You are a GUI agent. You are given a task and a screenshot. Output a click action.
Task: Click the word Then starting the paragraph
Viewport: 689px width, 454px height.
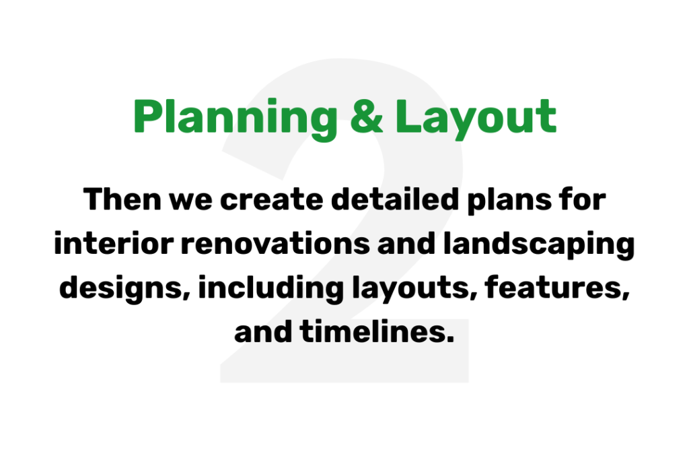[122, 199]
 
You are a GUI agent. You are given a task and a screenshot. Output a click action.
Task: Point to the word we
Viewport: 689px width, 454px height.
[191, 202]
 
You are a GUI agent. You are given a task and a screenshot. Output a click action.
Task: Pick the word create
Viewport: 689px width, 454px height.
[272, 201]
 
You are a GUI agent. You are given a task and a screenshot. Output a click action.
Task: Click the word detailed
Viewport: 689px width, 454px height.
[395, 199]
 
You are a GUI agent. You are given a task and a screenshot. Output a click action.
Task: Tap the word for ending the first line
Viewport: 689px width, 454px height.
[583, 199]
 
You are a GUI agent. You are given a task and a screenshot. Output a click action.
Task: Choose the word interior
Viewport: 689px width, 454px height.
[114, 243]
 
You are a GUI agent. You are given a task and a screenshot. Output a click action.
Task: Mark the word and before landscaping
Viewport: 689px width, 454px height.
[406, 243]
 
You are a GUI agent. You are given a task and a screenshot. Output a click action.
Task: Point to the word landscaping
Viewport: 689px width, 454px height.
[539, 246]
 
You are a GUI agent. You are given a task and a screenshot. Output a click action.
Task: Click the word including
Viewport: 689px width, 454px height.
[271, 290]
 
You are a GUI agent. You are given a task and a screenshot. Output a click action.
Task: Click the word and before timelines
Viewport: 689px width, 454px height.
[263, 331]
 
